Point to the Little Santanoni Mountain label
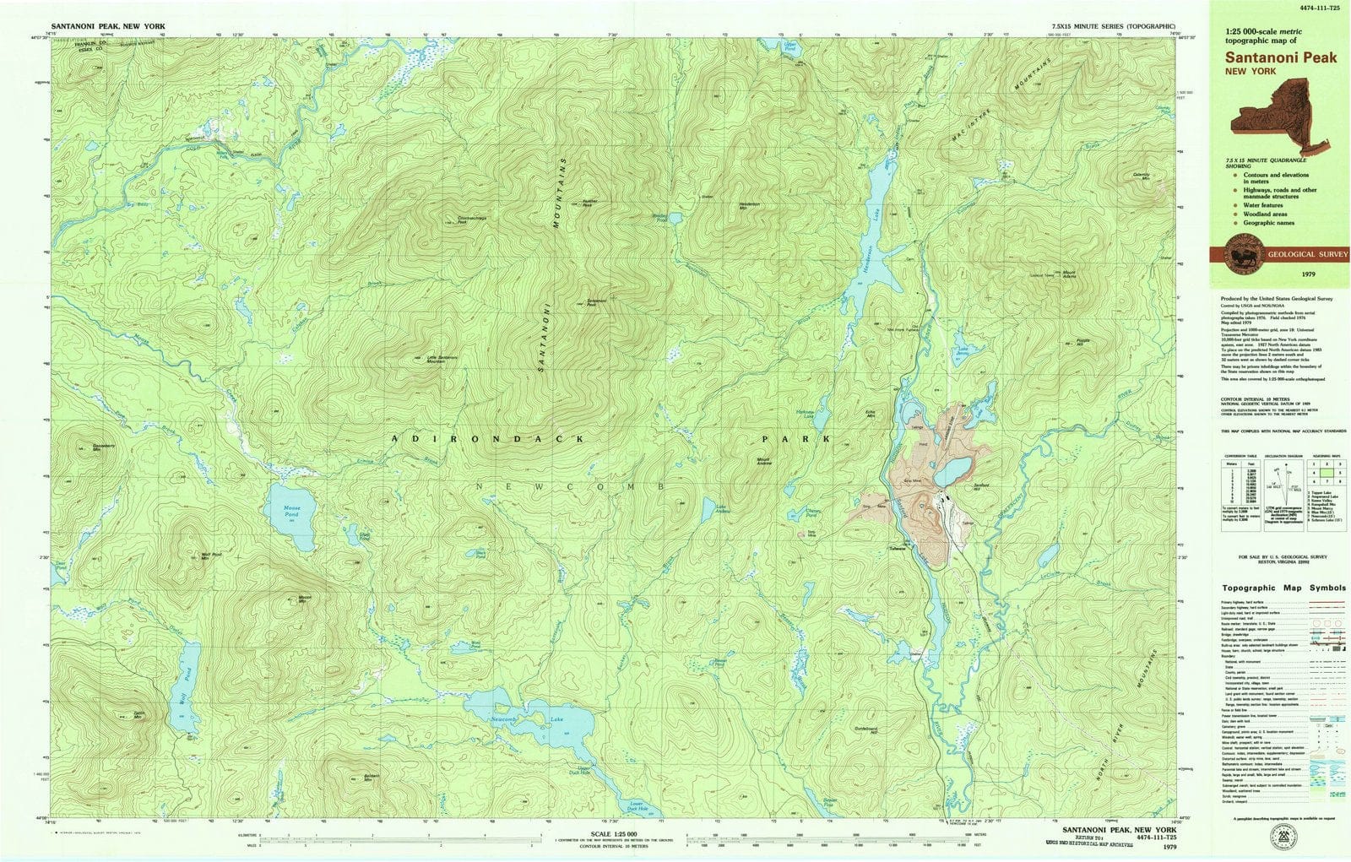tap(442, 358)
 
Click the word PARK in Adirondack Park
tap(796, 439)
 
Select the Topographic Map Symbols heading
tap(1283, 588)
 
